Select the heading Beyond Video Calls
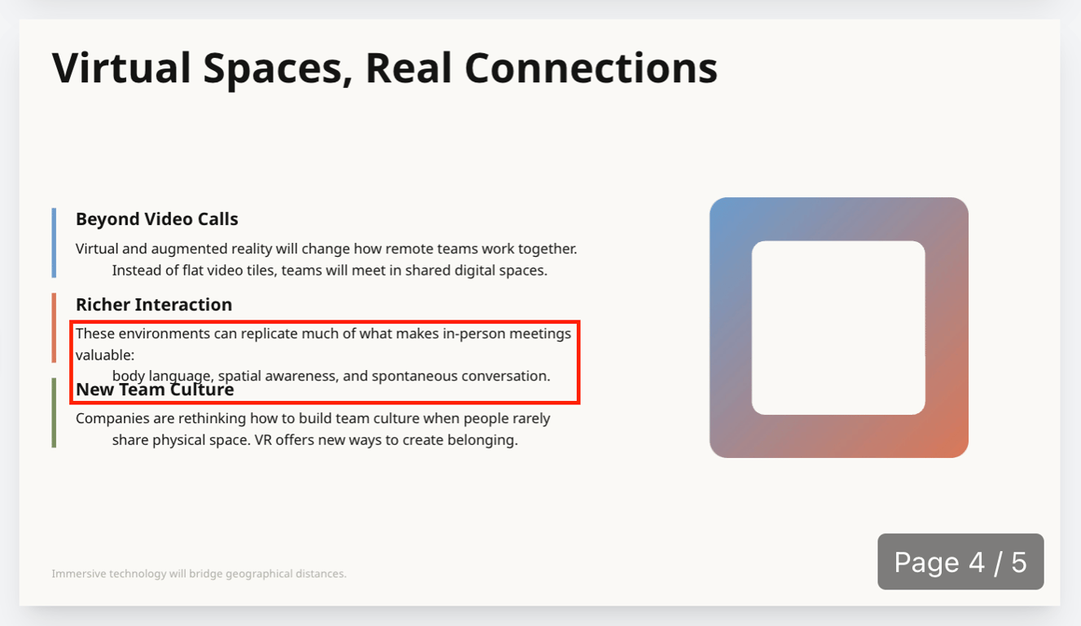pyautogui.click(x=156, y=219)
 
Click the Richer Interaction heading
pyautogui.click(x=154, y=305)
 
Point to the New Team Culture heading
pyautogui.click(x=155, y=390)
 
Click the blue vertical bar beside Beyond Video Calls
pyautogui.click(x=54, y=243)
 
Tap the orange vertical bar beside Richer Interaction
pyautogui.click(x=54, y=328)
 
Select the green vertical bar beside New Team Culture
pyautogui.click(x=54, y=412)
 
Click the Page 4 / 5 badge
pyautogui.click(x=960, y=562)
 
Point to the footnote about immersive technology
pyautogui.click(x=199, y=574)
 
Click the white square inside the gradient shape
pyautogui.click(x=838, y=328)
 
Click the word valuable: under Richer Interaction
pyautogui.click(x=105, y=355)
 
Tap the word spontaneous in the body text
pyautogui.click(x=415, y=377)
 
